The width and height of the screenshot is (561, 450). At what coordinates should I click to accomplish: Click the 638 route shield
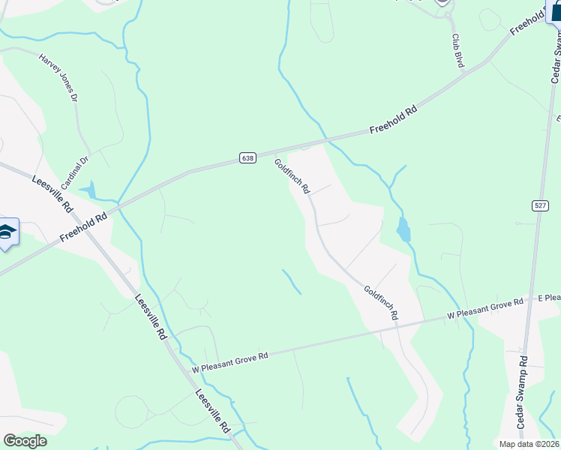(x=249, y=157)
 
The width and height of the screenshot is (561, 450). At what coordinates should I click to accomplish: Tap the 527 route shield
(x=540, y=205)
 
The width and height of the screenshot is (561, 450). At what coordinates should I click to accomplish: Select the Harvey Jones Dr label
(x=58, y=76)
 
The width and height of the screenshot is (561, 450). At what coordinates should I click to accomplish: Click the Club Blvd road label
(x=457, y=50)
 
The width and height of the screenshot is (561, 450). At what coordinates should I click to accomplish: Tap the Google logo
(x=25, y=441)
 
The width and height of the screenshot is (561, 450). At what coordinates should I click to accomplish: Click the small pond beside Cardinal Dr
(x=89, y=190)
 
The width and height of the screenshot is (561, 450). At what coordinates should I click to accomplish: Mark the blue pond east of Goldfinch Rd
(x=404, y=229)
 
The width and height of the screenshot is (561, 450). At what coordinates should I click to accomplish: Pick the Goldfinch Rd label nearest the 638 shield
(x=292, y=176)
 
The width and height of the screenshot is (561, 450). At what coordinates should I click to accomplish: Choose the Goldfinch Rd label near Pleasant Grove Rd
(x=380, y=303)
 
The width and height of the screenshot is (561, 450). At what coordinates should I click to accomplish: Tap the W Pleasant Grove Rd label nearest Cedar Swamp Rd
(x=485, y=308)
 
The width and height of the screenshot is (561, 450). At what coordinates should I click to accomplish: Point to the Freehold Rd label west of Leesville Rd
(x=82, y=226)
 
